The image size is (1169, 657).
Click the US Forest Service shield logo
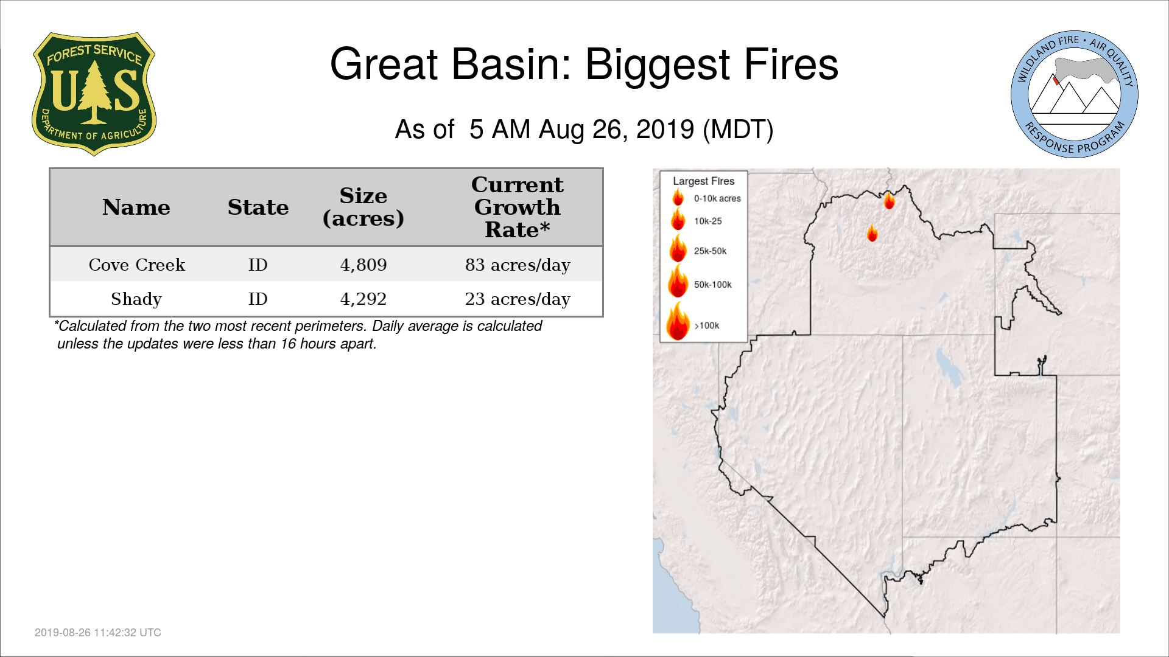[94, 94]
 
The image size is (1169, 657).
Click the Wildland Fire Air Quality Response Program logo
[1075, 94]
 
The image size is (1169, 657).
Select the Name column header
[136, 207]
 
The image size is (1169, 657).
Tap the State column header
[258, 207]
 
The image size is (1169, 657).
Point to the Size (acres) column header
[363, 207]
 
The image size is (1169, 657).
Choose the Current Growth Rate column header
[518, 207]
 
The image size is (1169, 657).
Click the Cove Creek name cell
[137, 265]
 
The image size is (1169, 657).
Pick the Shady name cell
[136, 299]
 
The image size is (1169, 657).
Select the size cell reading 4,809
[363, 265]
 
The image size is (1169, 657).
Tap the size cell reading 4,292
[363, 299]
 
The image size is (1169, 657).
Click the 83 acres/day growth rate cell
[518, 265]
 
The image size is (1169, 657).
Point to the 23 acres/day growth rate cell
[518, 299]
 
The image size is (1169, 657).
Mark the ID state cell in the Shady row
[258, 299]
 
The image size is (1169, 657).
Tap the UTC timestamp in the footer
[98, 633]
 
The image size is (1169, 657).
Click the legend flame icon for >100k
[678, 321]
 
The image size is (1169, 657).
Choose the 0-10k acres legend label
[717, 198]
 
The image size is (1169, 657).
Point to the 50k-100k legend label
[713, 284]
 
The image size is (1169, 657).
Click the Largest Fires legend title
[703, 181]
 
